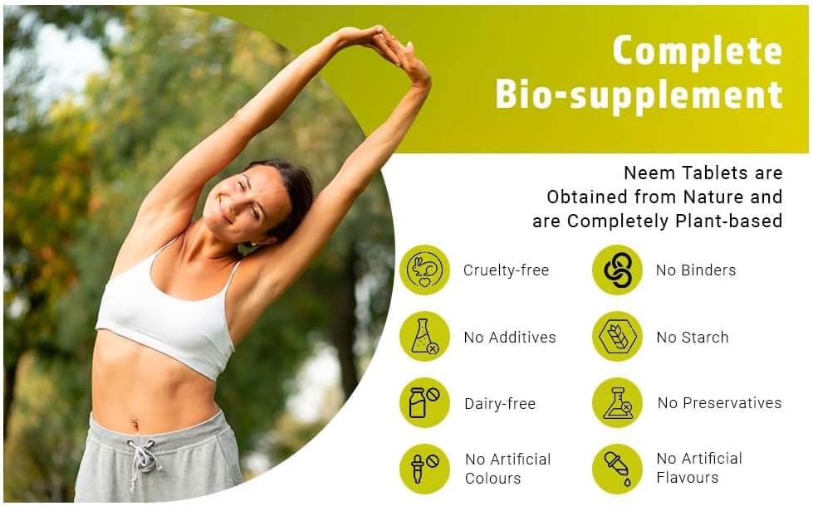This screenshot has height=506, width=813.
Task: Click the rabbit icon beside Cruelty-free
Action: (424, 270)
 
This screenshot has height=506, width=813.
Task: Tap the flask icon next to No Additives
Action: (424, 337)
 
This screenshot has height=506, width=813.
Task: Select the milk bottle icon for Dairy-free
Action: (424, 403)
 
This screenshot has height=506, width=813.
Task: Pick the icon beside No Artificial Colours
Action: (424, 469)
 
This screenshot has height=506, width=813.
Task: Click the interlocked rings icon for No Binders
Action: (618, 270)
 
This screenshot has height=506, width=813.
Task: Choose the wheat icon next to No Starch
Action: (618, 337)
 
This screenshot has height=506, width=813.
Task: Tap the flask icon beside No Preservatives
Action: (618, 403)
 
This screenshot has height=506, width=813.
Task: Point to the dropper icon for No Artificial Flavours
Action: (618, 469)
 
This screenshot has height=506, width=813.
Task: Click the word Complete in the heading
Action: (698, 51)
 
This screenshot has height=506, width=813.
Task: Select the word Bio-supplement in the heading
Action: (639, 95)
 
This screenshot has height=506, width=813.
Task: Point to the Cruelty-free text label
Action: (506, 270)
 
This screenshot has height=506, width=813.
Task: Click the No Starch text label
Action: (693, 337)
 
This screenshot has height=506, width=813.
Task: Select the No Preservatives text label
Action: (719, 403)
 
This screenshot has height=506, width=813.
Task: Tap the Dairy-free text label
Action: (500, 404)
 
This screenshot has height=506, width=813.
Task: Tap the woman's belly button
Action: (135, 424)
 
